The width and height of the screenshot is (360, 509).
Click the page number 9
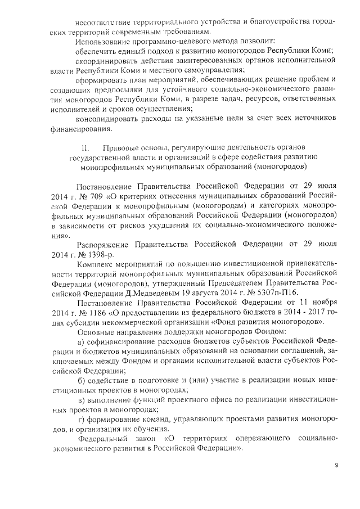(x=336, y=465)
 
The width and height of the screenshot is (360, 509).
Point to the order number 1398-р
(x=89, y=254)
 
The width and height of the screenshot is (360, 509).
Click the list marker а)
(x=81, y=342)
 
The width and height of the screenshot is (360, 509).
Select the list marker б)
(x=81, y=381)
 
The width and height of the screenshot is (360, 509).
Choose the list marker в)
(x=81, y=400)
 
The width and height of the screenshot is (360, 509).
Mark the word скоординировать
(x=107, y=61)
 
